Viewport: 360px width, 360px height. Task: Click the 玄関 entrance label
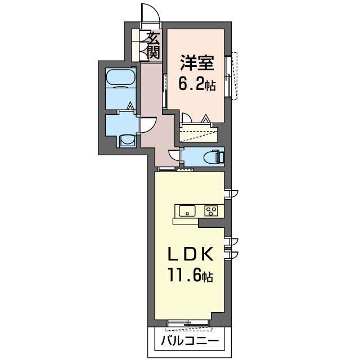point(154,45)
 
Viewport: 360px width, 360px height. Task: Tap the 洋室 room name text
point(197,62)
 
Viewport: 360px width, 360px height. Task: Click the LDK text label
point(191,254)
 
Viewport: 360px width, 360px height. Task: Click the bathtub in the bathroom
point(121,78)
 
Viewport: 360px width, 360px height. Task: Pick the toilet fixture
point(214,156)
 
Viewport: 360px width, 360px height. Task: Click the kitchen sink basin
point(187,211)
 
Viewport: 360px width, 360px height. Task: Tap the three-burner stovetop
point(211,211)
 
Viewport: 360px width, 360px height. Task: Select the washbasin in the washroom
point(127,140)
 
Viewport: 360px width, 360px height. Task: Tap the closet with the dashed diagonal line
point(199,134)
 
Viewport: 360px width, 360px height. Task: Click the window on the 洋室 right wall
point(231,76)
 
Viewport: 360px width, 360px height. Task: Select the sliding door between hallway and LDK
point(175,169)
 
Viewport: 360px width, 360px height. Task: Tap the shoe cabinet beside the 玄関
point(136,45)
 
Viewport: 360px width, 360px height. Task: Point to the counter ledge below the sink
point(186,221)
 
